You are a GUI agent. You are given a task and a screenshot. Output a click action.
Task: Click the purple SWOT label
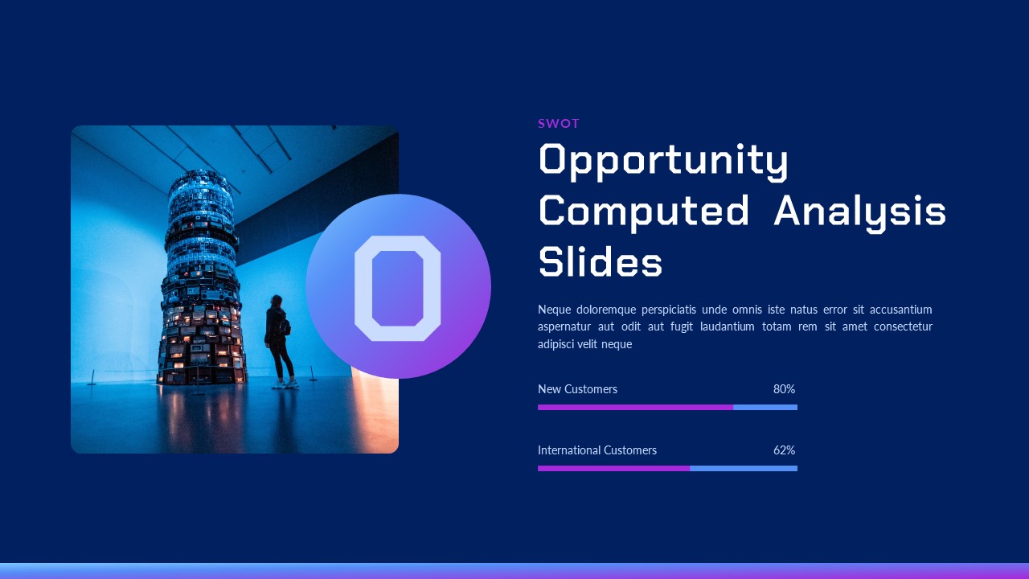click(558, 124)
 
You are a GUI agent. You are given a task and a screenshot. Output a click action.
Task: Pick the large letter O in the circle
click(397, 289)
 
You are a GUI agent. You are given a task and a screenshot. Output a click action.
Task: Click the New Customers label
click(577, 389)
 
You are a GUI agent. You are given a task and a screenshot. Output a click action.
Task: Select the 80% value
click(784, 389)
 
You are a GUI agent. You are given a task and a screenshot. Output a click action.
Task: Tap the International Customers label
click(597, 450)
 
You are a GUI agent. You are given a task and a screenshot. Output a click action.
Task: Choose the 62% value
click(784, 450)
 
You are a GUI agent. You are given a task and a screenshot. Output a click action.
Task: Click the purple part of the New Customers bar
click(635, 407)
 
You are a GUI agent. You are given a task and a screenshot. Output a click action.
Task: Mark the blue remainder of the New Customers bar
click(765, 407)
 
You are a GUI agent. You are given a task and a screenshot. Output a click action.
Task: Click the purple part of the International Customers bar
click(613, 468)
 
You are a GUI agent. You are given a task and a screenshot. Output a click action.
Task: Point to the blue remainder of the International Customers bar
click(744, 468)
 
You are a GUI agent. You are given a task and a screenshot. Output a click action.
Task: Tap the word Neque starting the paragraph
click(555, 310)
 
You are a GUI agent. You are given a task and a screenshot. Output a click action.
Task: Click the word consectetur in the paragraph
click(903, 326)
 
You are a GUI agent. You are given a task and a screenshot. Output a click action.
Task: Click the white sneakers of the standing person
click(285, 384)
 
